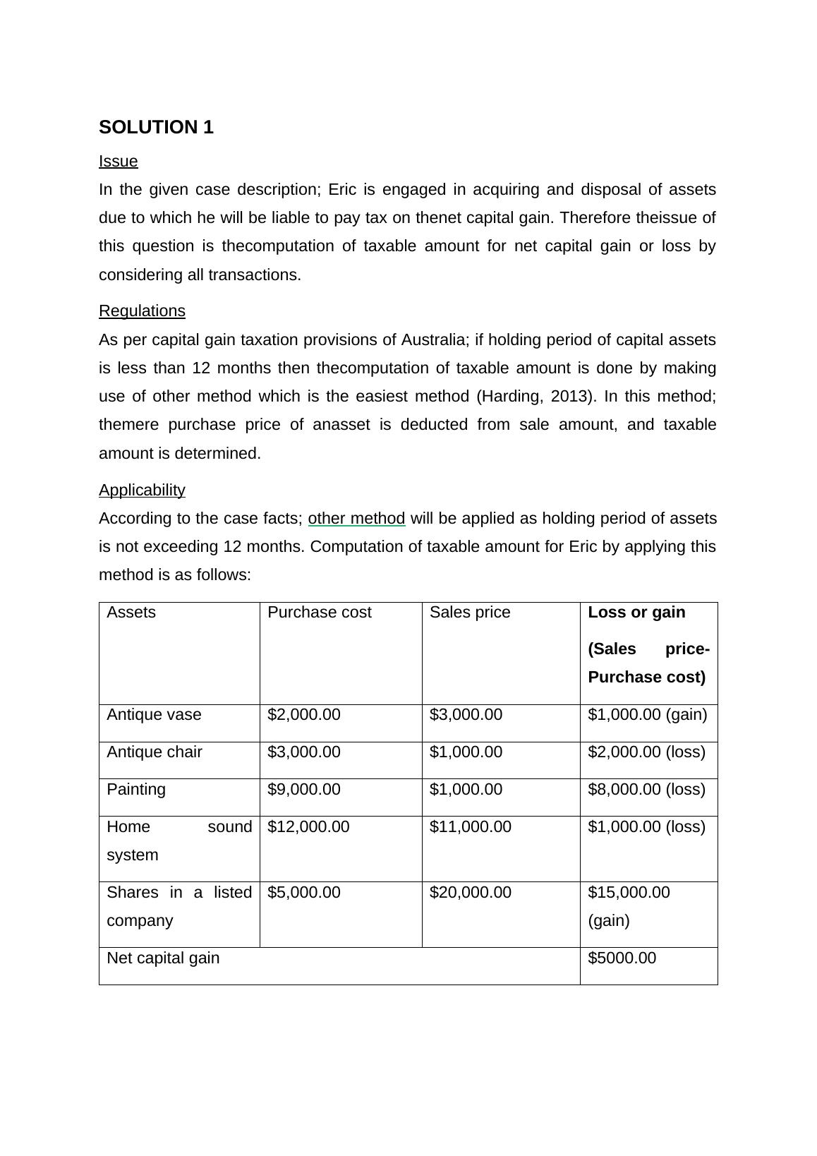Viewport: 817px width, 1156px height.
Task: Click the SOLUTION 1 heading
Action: [x=156, y=128]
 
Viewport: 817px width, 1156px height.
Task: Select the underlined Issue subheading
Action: [x=119, y=162]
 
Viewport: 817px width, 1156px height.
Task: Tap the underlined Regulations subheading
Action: [x=142, y=311]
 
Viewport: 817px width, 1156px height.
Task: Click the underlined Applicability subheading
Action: [x=142, y=490]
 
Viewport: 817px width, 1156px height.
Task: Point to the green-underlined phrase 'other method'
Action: [x=356, y=519]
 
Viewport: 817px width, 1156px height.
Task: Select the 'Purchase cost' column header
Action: [x=319, y=613]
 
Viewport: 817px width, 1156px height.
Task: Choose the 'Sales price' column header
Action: [x=469, y=613]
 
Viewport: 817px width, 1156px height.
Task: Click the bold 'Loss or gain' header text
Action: [x=636, y=613]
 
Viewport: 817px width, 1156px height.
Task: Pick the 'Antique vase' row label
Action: [x=154, y=715]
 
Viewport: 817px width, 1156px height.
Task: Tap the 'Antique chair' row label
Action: [x=155, y=752]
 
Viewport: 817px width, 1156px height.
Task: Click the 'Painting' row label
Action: [x=136, y=790]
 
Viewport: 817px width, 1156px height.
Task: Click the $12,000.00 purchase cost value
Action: [x=308, y=827]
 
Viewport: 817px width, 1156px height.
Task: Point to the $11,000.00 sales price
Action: [x=470, y=827]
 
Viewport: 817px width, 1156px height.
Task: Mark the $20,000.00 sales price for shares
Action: [x=470, y=893]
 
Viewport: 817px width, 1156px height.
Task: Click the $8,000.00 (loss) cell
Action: [x=646, y=790]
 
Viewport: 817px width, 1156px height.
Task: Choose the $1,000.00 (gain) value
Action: [x=647, y=715]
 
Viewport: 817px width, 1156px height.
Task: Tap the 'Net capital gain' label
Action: [x=163, y=958]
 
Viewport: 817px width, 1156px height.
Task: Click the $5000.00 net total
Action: [x=622, y=958]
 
